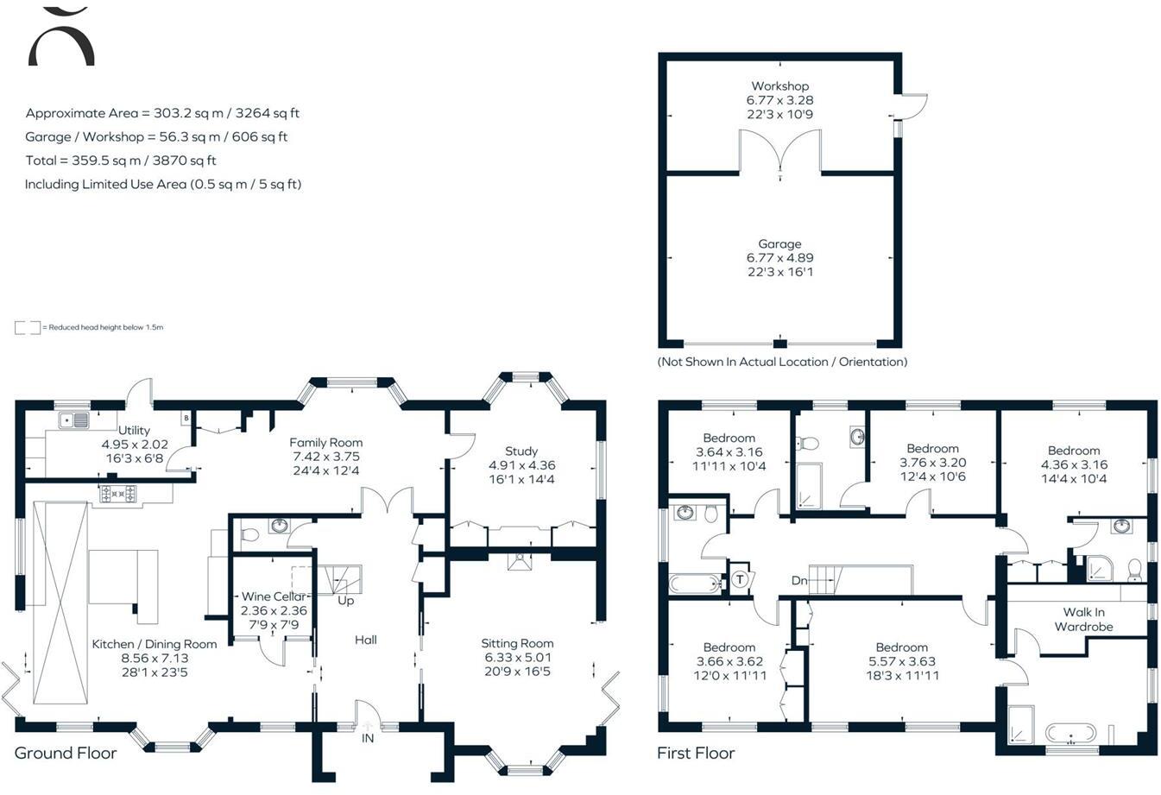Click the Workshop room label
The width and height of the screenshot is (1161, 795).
779,86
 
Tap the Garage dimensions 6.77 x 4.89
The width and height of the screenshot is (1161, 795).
779,257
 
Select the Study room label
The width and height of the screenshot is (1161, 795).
521,451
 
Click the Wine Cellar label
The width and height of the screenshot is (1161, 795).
274,596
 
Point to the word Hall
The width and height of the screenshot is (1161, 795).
365,640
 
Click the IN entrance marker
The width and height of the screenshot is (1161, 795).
368,738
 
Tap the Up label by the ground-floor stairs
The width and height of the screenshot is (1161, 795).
345,601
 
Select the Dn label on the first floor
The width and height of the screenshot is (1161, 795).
799,580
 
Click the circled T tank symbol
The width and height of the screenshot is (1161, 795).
740,579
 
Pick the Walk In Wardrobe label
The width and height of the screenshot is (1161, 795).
1083,619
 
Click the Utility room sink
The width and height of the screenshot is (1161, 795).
74,420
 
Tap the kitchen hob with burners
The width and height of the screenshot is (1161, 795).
117,494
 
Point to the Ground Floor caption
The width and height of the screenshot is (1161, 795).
66,753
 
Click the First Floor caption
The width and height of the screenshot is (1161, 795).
696,753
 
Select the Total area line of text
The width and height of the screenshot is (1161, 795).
121,161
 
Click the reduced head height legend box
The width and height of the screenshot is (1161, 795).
28,327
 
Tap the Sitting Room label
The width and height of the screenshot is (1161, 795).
517,643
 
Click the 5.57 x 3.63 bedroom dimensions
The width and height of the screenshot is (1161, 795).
902,661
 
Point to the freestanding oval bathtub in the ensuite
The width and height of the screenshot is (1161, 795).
1070,734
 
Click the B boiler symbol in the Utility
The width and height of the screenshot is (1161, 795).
186,419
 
